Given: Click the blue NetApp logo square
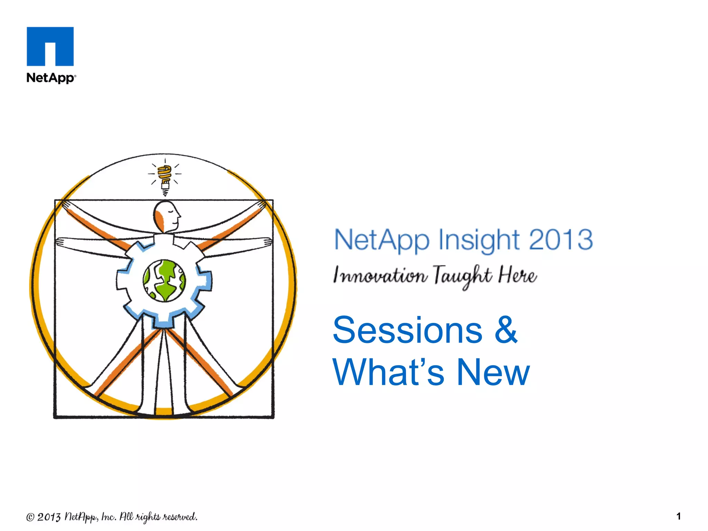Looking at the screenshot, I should tap(50, 46).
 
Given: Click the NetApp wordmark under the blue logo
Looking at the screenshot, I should tap(50, 78).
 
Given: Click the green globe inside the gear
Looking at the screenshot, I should tap(164, 281).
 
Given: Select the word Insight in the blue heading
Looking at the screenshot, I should tap(479, 240).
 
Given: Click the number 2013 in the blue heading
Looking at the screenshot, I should tap(561, 239).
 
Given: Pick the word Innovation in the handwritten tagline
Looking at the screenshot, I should tap(380, 276).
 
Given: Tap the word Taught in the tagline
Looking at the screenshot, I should tap(462, 276).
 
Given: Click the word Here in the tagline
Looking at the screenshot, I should tap(518, 275).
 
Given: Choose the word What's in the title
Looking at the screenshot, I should tap(388, 372).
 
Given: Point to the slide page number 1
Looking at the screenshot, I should tap(678, 516).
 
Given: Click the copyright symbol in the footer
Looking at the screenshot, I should tap(30, 517).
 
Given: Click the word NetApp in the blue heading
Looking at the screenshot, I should tap(382, 240).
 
